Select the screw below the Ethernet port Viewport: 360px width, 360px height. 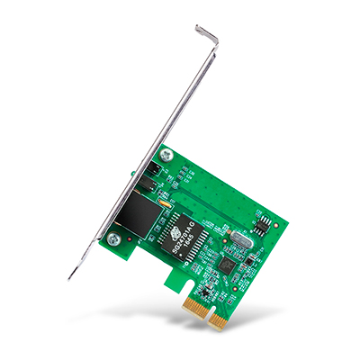(x=113, y=239)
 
